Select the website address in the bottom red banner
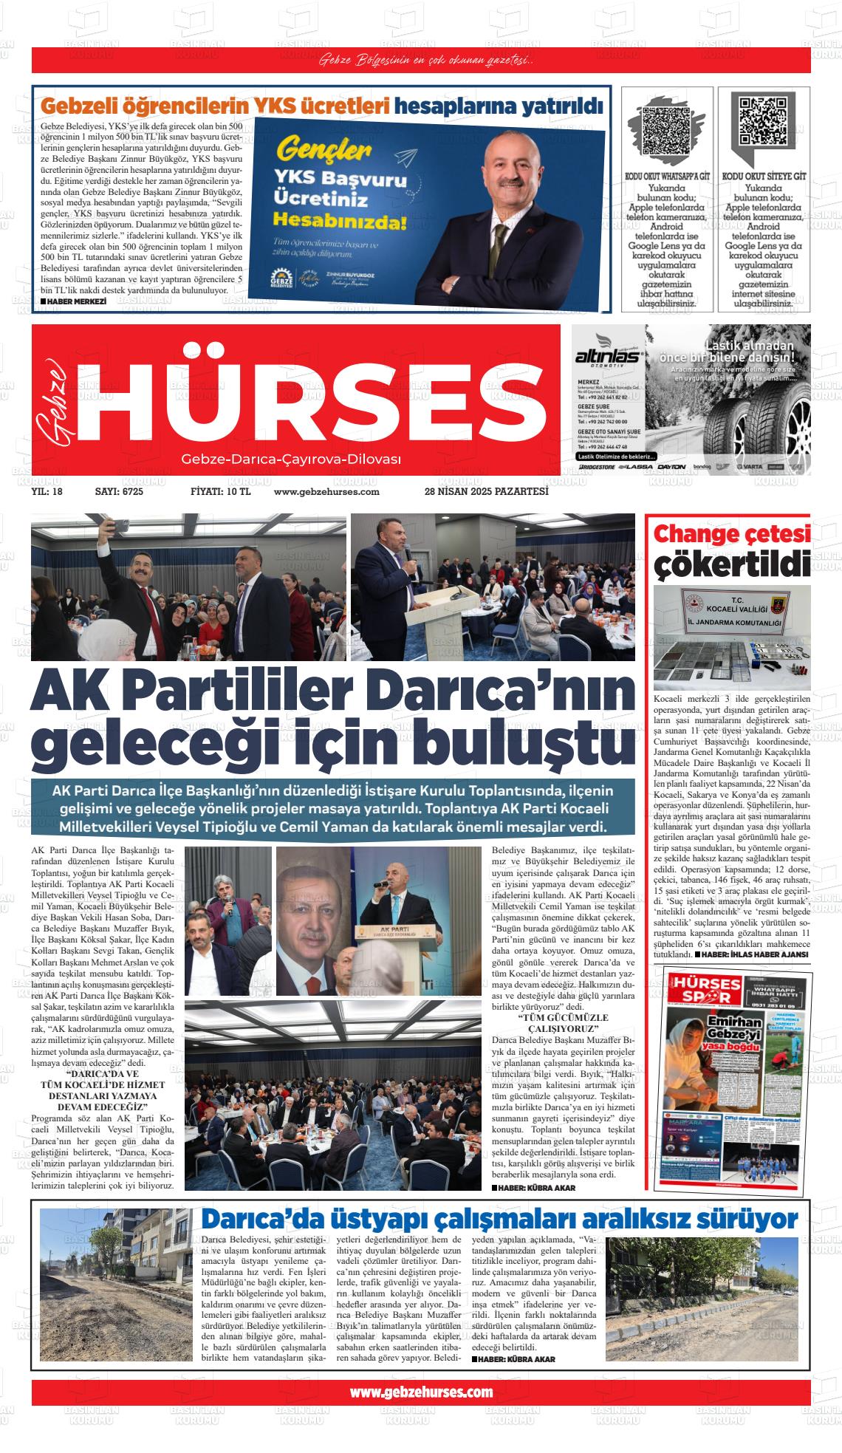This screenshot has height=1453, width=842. tap(421, 1392)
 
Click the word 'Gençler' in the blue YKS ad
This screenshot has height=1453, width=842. tap(324, 153)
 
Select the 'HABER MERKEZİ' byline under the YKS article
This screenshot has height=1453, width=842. tap(75, 301)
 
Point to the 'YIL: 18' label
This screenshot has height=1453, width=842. tap(47, 492)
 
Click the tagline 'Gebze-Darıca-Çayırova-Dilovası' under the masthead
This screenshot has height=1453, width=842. tap(290, 460)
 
